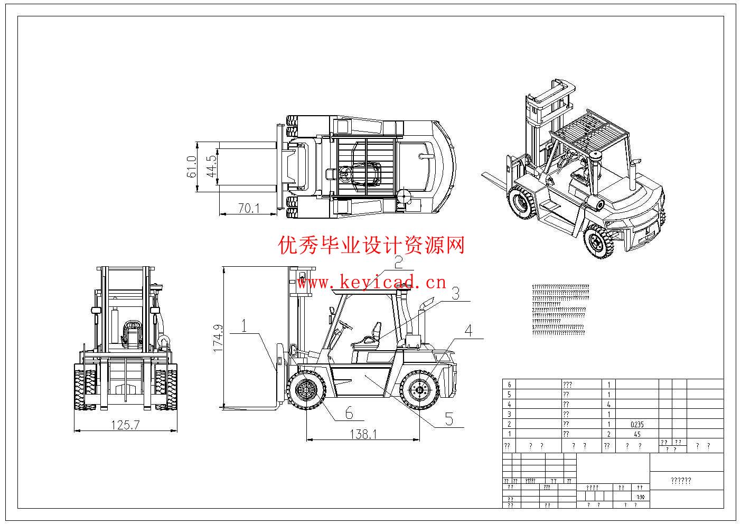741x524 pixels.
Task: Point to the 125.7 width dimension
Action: [x=125, y=424]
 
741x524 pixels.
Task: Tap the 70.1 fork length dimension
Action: [x=249, y=209]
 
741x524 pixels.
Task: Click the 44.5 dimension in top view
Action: [x=212, y=166]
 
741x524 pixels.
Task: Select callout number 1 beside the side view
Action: [x=245, y=326]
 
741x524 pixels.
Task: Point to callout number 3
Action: [x=455, y=293]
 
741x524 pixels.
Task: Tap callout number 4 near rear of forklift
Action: [x=468, y=331]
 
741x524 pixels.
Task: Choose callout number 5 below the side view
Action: [x=449, y=419]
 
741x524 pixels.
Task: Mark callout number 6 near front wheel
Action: [x=349, y=413]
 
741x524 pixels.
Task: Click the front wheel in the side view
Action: [x=306, y=390]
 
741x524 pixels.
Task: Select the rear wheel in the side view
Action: [x=420, y=390]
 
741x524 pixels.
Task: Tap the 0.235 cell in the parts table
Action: [x=637, y=424]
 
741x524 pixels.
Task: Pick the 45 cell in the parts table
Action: [x=637, y=434]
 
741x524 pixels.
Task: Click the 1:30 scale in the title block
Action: [x=640, y=497]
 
